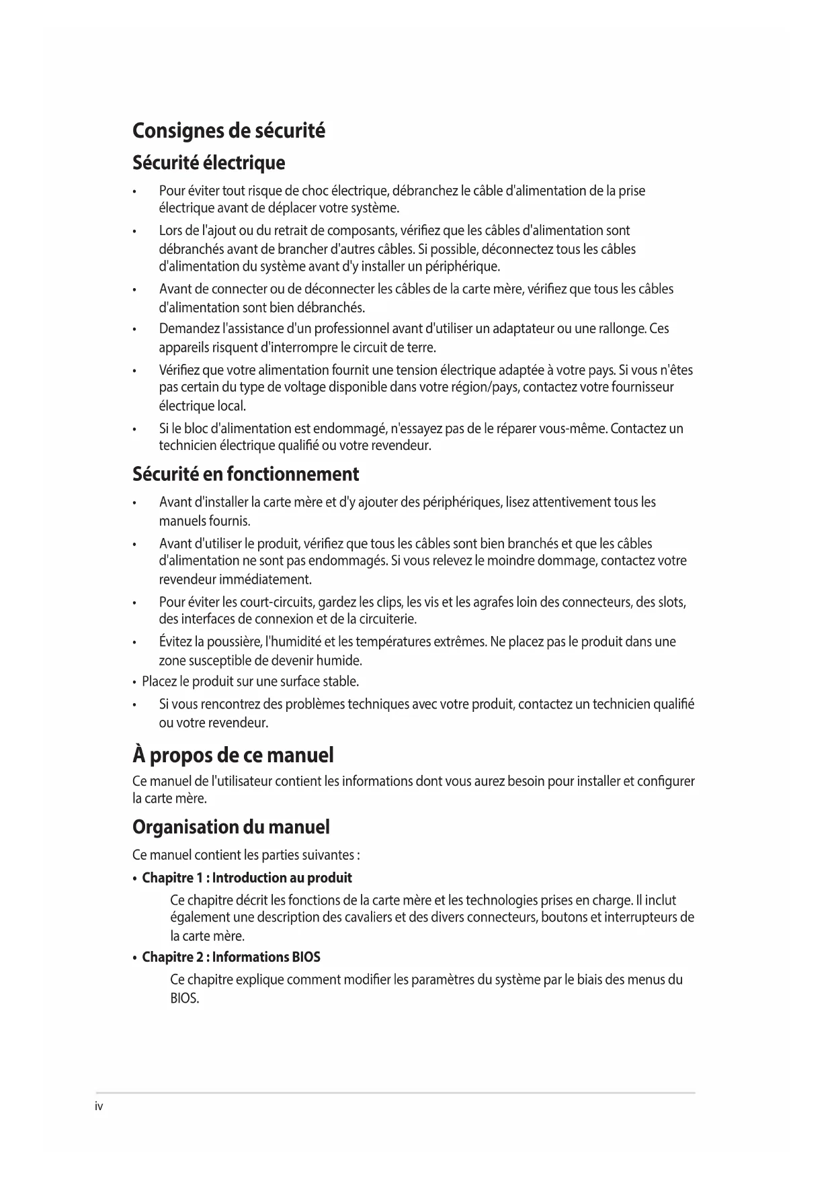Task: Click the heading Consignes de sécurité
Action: (x=228, y=130)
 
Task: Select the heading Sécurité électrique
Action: (x=208, y=163)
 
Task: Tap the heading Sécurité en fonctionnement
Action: (x=245, y=475)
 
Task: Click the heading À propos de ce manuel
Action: (x=233, y=756)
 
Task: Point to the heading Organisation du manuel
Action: (x=231, y=827)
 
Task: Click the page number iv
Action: (x=99, y=1107)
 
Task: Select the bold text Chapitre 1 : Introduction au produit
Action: (x=247, y=878)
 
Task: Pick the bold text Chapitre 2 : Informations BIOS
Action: (x=231, y=957)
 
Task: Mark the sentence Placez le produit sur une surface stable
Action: (x=250, y=682)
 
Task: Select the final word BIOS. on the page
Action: (x=185, y=999)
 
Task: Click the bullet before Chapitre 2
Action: (x=136, y=958)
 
